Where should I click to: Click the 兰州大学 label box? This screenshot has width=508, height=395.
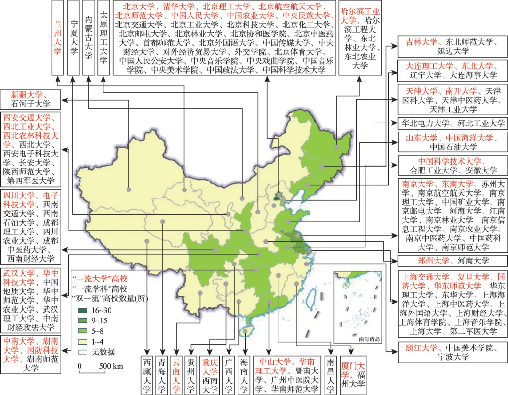coord(57,38)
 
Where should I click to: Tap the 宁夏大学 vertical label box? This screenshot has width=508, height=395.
coord(73,38)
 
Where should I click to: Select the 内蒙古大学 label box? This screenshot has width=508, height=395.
coord(88,38)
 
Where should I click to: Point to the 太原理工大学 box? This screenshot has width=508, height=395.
coord(103,38)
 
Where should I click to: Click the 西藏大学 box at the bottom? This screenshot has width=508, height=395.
coord(147,374)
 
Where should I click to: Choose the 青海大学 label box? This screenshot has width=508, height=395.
coord(162,374)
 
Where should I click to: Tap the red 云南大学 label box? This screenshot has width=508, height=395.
coord(176,374)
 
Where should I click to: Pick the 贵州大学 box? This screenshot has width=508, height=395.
coord(191,374)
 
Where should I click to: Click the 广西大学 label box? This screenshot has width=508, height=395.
coord(229,374)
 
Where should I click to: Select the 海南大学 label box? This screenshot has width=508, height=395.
coord(244,374)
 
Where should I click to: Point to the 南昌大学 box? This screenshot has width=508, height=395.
coord(331,374)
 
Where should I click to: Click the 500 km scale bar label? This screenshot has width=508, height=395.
coord(111,366)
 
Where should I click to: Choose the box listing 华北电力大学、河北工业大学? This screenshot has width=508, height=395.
coord(452,123)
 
